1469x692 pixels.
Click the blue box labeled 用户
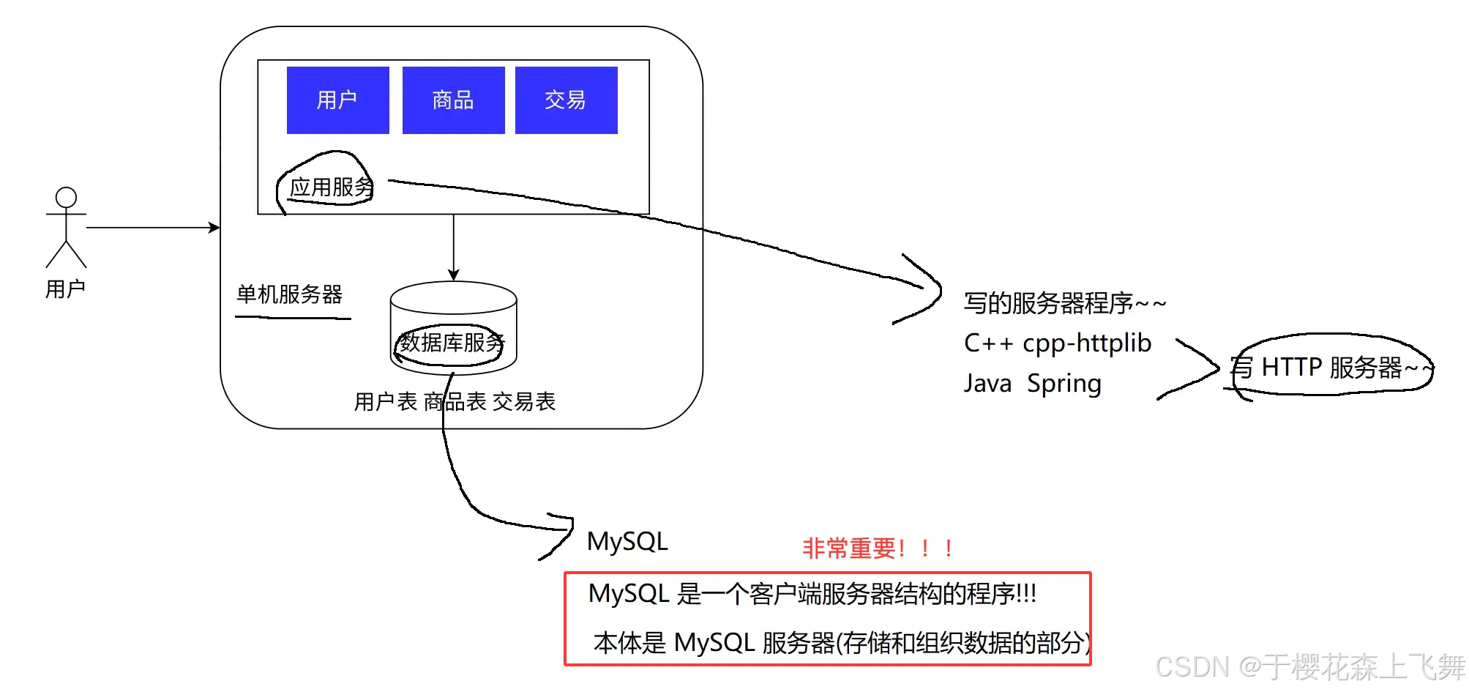(337, 100)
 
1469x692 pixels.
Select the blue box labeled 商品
(453, 100)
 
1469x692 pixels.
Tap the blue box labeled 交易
(566, 100)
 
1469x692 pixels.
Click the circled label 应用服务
(331, 187)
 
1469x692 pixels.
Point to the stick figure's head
(66, 197)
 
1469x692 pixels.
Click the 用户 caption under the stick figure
(65, 289)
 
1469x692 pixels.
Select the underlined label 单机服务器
(289, 294)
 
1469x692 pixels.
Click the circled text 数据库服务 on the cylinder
(452, 342)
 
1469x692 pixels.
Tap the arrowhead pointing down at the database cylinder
(454, 275)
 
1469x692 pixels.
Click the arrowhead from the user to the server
(214, 228)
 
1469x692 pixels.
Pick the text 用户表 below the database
(385, 401)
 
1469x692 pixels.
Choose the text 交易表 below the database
(524, 401)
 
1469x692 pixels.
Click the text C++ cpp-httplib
(1057, 343)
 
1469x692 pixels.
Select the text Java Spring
(1032, 383)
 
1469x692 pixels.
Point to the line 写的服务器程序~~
(1064, 302)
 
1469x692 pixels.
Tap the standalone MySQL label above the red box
(627, 541)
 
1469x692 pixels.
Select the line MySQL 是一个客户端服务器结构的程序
(812, 593)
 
